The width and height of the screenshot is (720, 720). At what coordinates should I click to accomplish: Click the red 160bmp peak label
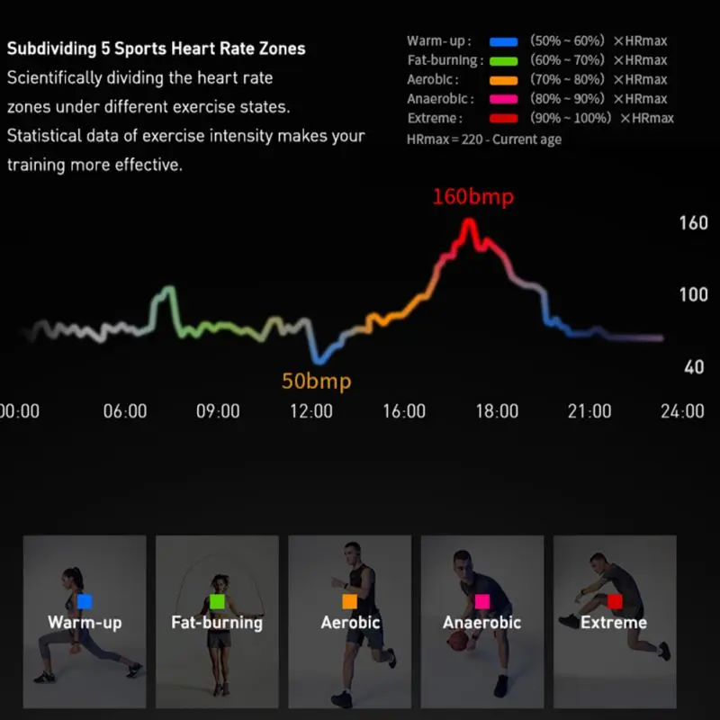(x=473, y=197)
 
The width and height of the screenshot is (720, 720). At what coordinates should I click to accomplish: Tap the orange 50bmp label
(x=317, y=382)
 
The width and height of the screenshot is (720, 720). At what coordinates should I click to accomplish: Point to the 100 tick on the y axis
(x=693, y=294)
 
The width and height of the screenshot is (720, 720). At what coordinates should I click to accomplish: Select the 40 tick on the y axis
(x=694, y=367)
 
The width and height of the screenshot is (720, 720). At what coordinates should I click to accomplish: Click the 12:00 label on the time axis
(x=311, y=411)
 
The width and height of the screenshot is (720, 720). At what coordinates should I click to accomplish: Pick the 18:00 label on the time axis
(x=497, y=411)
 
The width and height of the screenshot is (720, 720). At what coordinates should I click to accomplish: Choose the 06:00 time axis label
(x=125, y=411)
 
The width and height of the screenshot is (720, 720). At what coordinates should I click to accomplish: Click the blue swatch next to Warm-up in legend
(x=504, y=41)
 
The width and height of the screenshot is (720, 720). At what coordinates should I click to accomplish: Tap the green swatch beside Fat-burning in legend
(x=504, y=61)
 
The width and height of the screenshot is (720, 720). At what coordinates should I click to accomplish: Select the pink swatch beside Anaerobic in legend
(x=504, y=99)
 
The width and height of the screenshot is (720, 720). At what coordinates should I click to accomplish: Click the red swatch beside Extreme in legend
(x=504, y=119)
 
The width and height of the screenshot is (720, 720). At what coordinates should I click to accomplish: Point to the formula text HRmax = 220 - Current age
(x=484, y=139)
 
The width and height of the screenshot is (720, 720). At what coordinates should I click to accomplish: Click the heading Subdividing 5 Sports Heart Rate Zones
(x=156, y=49)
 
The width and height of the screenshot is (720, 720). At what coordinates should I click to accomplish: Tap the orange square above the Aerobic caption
(x=350, y=601)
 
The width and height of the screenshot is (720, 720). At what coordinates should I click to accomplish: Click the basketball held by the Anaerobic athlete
(x=458, y=641)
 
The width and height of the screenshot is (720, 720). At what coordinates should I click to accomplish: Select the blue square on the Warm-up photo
(x=85, y=601)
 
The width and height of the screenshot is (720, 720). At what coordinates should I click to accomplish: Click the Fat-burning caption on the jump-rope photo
(x=217, y=623)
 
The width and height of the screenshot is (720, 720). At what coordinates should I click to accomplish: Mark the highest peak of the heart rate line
(x=469, y=221)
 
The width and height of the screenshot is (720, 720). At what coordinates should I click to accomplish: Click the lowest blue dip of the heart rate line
(x=319, y=361)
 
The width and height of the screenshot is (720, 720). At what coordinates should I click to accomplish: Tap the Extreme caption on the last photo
(x=614, y=623)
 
